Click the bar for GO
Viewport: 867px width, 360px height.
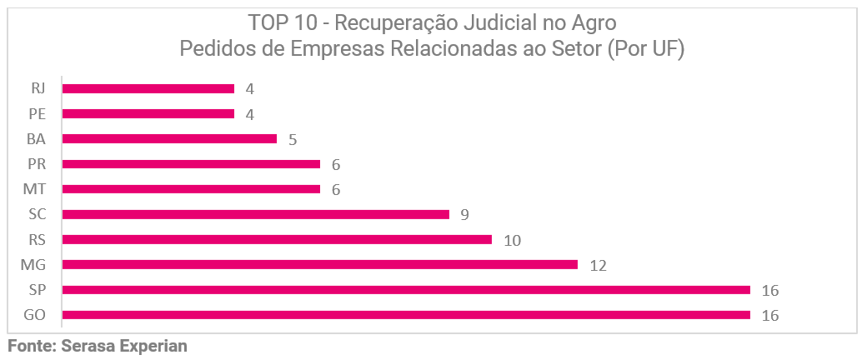[x=406, y=315]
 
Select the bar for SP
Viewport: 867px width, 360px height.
[x=406, y=290]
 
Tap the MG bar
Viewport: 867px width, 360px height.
[x=319, y=265]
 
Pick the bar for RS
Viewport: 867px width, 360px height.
[x=277, y=239]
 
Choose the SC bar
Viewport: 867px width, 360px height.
[x=255, y=214]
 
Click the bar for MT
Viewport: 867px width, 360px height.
[x=191, y=189]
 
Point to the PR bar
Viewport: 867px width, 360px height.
[x=191, y=164]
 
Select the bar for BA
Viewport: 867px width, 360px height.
[x=169, y=138]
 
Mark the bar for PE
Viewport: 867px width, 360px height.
[x=148, y=113]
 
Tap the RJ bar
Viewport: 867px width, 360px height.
[x=148, y=88]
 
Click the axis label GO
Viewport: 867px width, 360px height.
[x=35, y=315]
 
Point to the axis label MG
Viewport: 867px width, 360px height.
[x=34, y=265]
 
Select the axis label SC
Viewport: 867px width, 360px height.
[x=37, y=214]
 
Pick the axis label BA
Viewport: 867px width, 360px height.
[x=37, y=138]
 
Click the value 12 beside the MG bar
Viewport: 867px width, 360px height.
[x=597, y=266]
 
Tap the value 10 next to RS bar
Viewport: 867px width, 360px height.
[x=512, y=241]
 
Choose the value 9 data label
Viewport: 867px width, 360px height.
[x=464, y=215]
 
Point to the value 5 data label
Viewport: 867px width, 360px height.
[x=293, y=140]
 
